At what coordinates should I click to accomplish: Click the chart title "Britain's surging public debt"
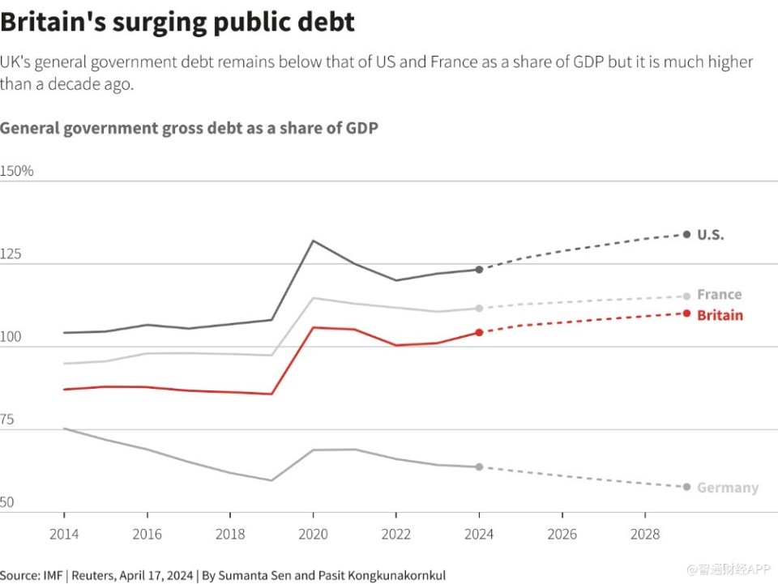tap(177, 22)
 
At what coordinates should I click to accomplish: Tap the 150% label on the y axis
tap(17, 172)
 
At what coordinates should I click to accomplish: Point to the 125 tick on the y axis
tap(11, 254)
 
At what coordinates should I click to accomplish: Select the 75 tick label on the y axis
tap(8, 420)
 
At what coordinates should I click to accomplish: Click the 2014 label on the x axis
tap(64, 535)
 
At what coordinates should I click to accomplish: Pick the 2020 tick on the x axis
tap(313, 535)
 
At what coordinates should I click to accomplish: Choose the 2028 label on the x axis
tap(645, 535)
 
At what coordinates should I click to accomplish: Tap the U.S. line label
tap(710, 235)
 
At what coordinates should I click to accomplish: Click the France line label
tap(719, 295)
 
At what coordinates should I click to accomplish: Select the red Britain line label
tap(720, 315)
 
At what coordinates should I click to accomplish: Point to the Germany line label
tap(728, 488)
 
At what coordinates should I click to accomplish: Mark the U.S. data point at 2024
tap(479, 270)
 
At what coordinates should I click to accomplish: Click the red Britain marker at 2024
tap(479, 332)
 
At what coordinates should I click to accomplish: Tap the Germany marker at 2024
tap(479, 467)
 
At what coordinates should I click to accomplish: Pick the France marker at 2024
tap(479, 309)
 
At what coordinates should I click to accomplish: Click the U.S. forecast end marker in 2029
tap(686, 234)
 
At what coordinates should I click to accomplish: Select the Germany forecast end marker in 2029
tap(686, 487)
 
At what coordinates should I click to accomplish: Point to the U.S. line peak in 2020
tap(313, 241)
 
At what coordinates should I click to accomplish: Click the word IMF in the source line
tap(54, 575)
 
